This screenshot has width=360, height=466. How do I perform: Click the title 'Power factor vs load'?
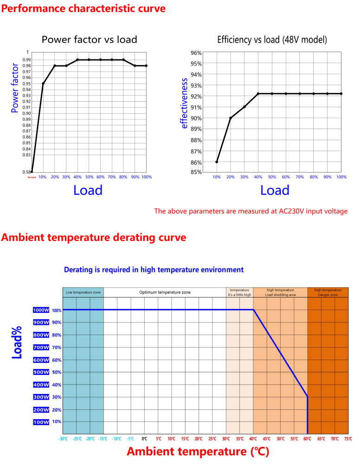[90, 39]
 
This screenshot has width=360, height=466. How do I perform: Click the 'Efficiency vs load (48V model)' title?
[272, 40]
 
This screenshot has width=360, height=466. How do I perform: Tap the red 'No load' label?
[31, 177]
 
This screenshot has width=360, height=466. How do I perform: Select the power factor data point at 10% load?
[43, 84]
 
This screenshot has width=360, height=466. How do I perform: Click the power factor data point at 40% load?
[77, 59]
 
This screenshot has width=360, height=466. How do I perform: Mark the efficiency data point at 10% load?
[217, 162]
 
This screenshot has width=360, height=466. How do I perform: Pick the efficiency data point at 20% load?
[231, 118]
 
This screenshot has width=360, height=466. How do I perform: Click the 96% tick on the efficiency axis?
[196, 53]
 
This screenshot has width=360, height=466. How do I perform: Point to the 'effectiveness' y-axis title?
[185, 104]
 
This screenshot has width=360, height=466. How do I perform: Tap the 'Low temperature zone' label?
[83, 292]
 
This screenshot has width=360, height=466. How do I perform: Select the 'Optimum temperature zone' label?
[165, 292]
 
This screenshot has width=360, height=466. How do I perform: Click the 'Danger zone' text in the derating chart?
[328, 295]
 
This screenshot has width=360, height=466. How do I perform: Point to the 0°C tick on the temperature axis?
[144, 438]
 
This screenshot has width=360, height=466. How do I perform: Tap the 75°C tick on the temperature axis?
[348, 438]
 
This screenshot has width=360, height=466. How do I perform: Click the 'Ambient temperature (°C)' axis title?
[198, 452]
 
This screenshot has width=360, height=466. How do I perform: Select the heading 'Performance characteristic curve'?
[83, 8]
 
